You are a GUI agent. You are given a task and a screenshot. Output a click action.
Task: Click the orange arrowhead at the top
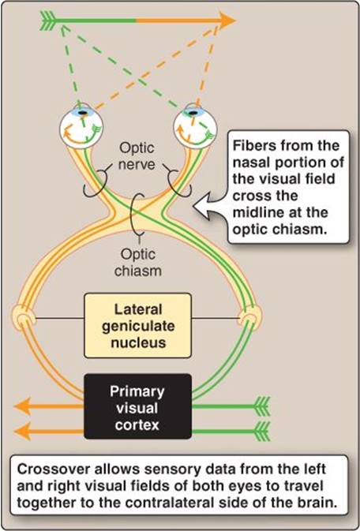click(227, 20)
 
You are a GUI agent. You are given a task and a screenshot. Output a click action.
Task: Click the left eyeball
click(81, 127)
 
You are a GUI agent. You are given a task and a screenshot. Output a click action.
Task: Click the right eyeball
click(196, 127)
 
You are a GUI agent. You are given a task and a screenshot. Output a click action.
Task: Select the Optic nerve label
click(137, 156)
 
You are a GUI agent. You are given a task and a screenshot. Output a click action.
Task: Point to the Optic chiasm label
click(137, 262)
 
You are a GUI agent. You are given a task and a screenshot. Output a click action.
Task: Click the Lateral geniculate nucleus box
click(137, 325)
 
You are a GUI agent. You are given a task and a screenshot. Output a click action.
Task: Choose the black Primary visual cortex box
click(137, 406)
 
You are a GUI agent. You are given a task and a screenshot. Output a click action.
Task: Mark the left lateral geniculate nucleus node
click(24, 317)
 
